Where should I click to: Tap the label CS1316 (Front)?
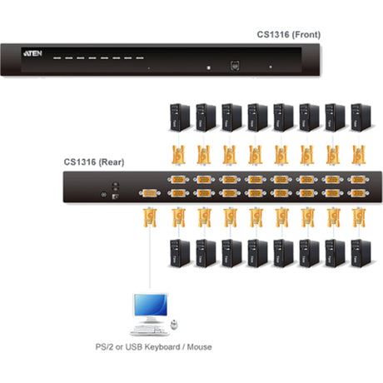tap(288, 34)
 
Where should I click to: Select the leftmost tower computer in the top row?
tap(177, 117)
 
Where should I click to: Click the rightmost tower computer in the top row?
tap(358, 117)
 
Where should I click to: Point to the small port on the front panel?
tap(236, 65)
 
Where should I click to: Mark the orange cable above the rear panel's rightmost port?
tap(358, 154)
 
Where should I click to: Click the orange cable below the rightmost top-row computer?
tap(358, 154)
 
